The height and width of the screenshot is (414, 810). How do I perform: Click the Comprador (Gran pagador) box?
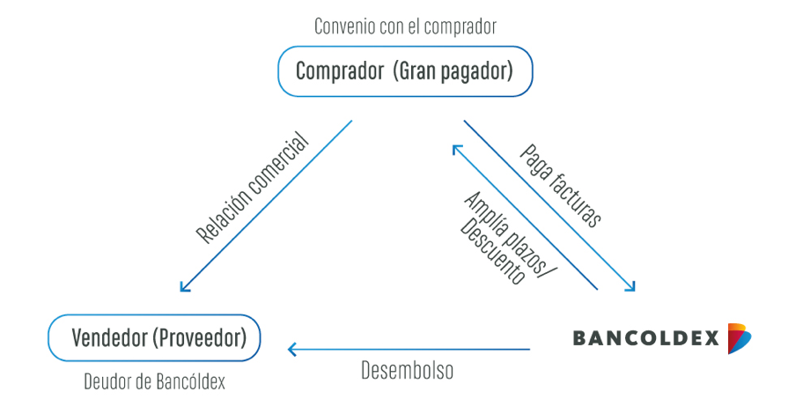(405, 71)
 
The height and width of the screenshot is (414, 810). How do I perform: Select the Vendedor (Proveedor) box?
(154, 338)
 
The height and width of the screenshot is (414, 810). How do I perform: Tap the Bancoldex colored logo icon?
(740, 338)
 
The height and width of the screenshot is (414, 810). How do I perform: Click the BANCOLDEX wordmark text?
(645, 338)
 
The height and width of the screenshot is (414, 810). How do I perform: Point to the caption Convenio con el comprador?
(406, 26)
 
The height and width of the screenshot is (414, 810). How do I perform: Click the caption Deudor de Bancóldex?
(154, 382)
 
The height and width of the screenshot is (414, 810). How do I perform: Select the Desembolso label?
(407, 371)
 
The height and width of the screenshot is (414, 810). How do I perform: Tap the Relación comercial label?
(253, 189)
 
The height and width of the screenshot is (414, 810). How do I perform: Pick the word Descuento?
(492, 252)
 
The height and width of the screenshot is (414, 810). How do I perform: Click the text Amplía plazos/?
(505, 234)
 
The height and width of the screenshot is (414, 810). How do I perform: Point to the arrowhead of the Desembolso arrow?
(292, 350)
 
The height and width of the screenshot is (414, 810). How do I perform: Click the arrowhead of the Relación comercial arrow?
(184, 286)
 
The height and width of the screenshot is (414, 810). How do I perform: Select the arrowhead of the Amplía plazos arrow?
(457, 150)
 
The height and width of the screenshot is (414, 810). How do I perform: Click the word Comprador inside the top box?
(340, 71)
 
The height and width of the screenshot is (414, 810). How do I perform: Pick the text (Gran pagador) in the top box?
(453, 71)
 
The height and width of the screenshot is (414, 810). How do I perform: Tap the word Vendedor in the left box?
(109, 338)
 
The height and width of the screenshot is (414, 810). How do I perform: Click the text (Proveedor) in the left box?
(199, 338)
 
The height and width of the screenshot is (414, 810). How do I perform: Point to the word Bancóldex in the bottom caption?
(191, 382)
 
